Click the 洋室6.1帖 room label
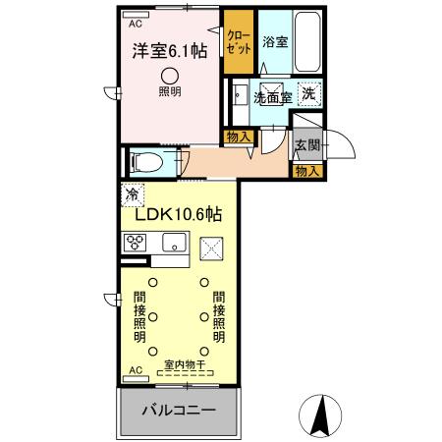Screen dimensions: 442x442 click(x=164, y=52)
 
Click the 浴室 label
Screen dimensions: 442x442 click(x=273, y=43)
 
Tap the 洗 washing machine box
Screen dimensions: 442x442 click(x=308, y=94)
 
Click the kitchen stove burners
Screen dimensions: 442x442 click(x=136, y=243)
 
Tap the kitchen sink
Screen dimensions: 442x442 click(x=174, y=243)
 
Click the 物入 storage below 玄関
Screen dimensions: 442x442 click(x=306, y=171)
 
